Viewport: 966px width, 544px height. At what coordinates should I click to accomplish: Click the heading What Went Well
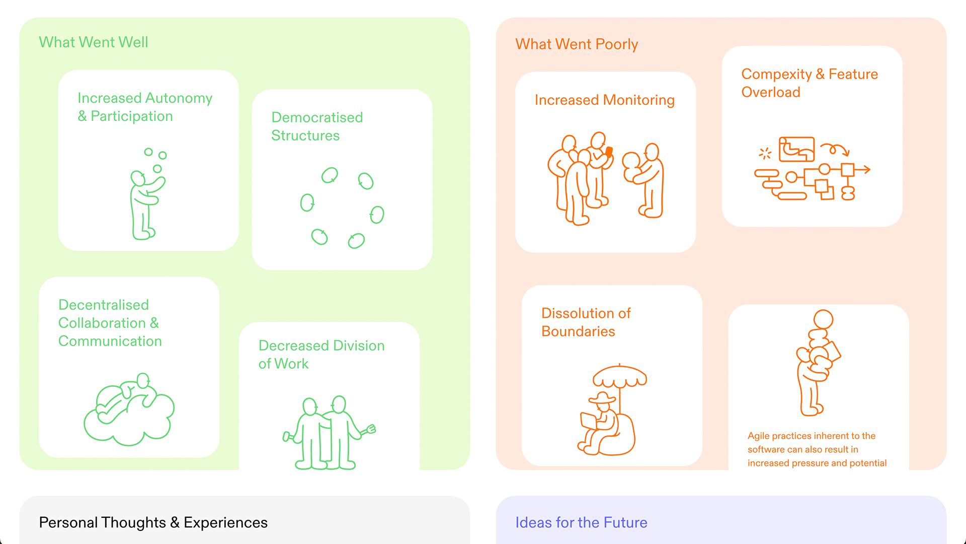pyautogui.click(x=94, y=42)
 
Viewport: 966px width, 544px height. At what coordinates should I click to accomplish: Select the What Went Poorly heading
pyautogui.click(x=577, y=44)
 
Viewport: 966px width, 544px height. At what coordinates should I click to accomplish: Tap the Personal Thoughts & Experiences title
pyautogui.click(x=153, y=523)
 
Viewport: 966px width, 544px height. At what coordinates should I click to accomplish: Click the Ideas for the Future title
pyautogui.click(x=581, y=523)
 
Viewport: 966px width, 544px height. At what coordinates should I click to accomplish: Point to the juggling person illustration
pyautogui.click(x=147, y=194)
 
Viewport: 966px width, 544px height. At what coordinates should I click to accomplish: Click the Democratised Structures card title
pyautogui.click(x=317, y=126)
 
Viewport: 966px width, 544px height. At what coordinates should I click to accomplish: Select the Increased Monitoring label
pyautogui.click(x=604, y=100)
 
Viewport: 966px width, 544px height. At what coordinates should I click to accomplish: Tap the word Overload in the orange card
pyautogui.click(x=771, y=92)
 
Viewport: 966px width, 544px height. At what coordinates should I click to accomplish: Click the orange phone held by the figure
pyautogui.click(x=609, y=152)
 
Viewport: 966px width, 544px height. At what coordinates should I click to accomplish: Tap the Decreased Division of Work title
pyautogui.click(x=321, y=355)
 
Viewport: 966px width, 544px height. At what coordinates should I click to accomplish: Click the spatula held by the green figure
pyautogui.click(x=369, y=430)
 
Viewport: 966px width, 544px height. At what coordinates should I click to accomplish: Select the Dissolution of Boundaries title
pyautogui.click(x=586, y=322)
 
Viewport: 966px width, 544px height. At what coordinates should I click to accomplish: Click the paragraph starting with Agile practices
pyautogui.click(x=817, y=449)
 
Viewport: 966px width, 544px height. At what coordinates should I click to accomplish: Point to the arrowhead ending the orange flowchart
pyautogui.click(x=866, y=170)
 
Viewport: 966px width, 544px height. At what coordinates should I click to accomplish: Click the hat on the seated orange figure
pyautogui.click(x=602, y=397)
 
